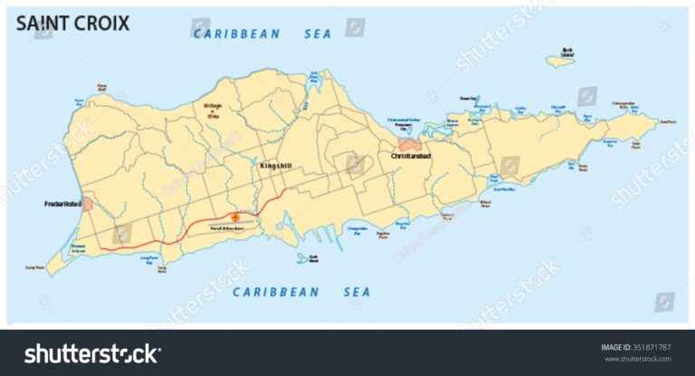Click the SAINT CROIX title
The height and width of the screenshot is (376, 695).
tap(73, 24)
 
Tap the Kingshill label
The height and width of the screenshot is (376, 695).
tap(274, 167)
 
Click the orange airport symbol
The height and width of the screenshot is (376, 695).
tap(236, 217)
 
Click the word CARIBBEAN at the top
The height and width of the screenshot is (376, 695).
tap(232, 34)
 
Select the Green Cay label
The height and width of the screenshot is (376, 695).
tap(468, 98)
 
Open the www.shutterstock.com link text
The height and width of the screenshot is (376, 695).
tap(636, 359)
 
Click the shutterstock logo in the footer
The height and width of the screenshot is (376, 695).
tap(91, 352)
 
